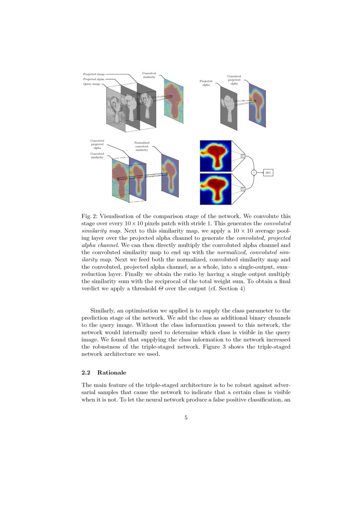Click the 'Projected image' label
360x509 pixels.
(x=94, y=74)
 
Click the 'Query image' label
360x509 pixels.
(x=91, y=84)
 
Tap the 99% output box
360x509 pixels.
(x=268, y=173)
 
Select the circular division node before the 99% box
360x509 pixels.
(x=254, y=172)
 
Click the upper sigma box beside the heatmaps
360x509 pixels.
(x=242, y=155)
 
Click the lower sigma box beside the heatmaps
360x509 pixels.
(x=242, y=189)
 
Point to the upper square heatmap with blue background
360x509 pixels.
(x=215, y=155)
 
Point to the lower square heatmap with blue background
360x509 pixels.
(x=215, y=189)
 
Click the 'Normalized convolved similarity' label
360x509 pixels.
(x=141, y=146)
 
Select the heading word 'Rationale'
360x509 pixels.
(x=111, y=373)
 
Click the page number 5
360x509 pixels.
(x=186, y=418)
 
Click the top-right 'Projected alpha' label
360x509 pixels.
(x=206, y=83)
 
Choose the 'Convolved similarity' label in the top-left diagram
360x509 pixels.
(x=149, y=75)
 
